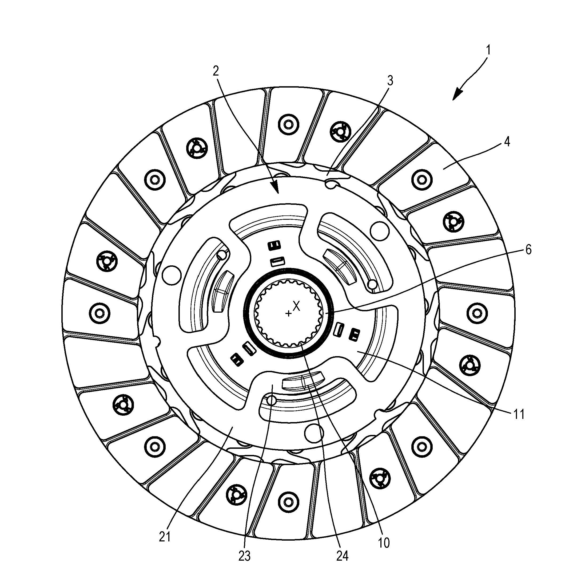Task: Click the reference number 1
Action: click(488, 50)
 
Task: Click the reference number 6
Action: click(528, 250)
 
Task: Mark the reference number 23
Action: click(244, 556)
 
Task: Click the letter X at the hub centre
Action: click(296, 306)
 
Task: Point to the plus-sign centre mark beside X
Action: click(288, 313)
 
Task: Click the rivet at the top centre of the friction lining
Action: click(288, 124)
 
